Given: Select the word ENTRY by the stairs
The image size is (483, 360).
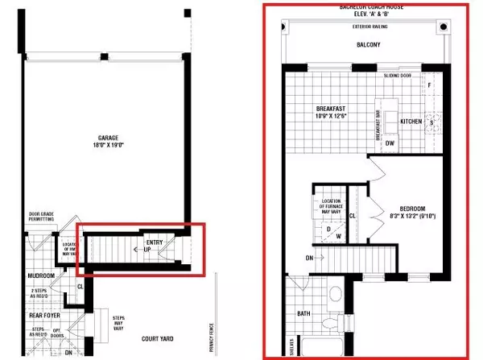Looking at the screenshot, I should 155,242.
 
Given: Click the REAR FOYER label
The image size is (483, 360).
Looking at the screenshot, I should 39,316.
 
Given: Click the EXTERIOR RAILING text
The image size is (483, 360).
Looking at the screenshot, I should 372,26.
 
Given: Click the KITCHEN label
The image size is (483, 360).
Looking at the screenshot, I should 411,121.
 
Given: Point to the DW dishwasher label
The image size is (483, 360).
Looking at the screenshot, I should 390,144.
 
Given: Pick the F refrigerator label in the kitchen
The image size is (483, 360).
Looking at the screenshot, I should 430,84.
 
